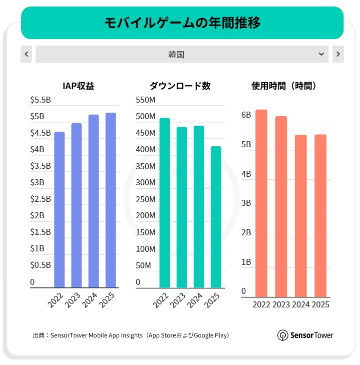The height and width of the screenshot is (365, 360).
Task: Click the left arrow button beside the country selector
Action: tap(26, 54)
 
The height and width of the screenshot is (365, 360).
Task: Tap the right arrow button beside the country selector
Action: tap(338, 54)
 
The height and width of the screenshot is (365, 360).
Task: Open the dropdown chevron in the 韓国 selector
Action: tap(321, 54)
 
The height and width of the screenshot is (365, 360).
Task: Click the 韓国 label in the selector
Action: tap(176, 54)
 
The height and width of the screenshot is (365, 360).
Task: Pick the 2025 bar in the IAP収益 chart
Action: tap(111, 200)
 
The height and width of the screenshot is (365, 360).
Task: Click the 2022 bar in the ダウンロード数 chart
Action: tap(165, 203)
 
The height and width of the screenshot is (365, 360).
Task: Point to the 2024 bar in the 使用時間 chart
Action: tap(300, 216)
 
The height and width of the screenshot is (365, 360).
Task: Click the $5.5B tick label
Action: tap(41, 100)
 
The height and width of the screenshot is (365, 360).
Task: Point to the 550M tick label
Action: tap(146, 100)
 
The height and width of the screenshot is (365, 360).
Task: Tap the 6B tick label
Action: tap(246, 115)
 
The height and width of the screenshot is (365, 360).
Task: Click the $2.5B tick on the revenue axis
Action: tap(41, 199)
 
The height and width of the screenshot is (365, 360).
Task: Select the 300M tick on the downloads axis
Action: tap(146, 183)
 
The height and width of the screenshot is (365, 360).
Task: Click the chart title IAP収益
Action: tap(79, 86)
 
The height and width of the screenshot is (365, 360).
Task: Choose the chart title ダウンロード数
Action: tap(180, 86)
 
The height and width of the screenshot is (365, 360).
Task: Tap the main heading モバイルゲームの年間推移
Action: tap(182, 23)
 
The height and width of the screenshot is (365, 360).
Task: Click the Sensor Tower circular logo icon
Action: tap(282, 335)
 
